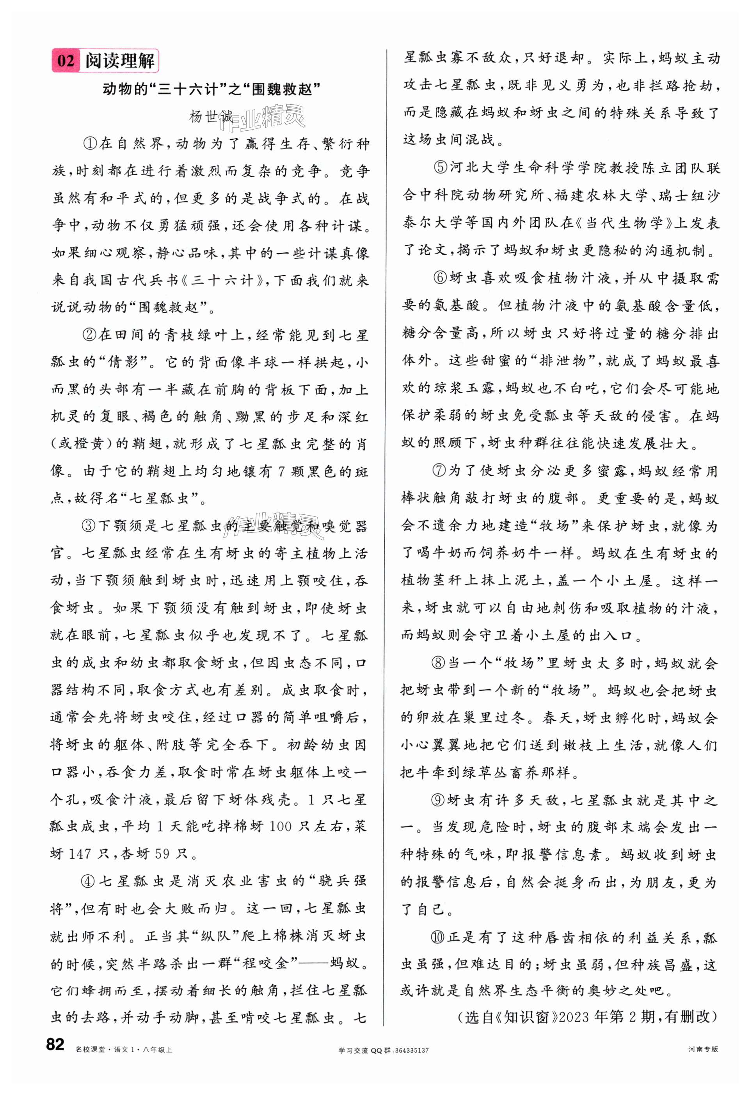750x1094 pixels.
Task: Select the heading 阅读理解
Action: (119, 61)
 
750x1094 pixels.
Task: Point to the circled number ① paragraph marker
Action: (91, 144)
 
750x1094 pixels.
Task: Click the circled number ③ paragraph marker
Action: (89, 526)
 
